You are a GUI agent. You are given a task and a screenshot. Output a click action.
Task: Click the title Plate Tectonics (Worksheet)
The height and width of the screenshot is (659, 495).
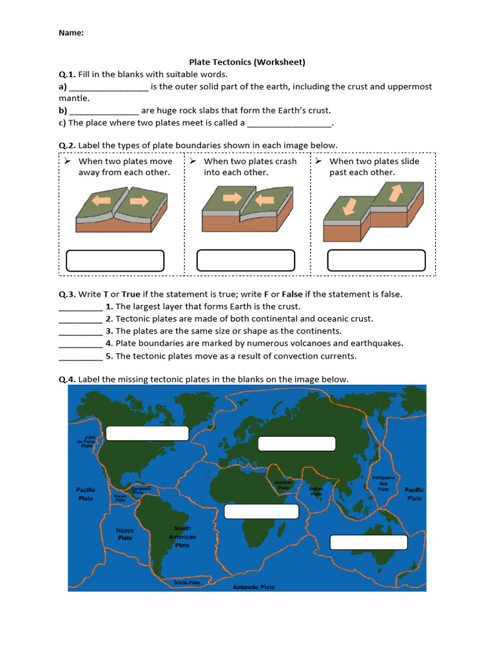(247, 62)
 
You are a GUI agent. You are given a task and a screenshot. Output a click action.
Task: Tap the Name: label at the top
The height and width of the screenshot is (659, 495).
(71, 33)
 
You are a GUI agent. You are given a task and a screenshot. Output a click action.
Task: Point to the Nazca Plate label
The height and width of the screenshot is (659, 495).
(125, 534)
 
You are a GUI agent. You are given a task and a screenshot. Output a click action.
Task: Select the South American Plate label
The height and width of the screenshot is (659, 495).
(182, 537)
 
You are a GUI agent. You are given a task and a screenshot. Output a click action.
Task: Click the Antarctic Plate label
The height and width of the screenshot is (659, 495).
(253, 587)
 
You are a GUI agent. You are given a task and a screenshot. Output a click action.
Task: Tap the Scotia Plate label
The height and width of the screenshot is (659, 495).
(187, 582)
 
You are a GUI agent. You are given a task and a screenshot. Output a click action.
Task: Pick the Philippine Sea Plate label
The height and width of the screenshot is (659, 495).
(383, 483)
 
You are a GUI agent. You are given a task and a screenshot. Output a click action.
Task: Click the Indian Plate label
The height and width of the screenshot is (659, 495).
(315, 491)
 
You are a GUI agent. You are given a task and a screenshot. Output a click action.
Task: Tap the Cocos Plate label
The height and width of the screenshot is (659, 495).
(120, 497)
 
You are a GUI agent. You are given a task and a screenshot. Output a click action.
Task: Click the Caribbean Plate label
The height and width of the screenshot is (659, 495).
(141, 490)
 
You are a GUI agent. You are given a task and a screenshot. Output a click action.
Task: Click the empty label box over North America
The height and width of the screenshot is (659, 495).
(147, 433)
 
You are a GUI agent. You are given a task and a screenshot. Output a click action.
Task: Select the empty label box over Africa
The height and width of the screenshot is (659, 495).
(262, 512)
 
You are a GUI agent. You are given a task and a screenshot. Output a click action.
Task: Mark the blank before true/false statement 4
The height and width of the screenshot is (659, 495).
(81, 344)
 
